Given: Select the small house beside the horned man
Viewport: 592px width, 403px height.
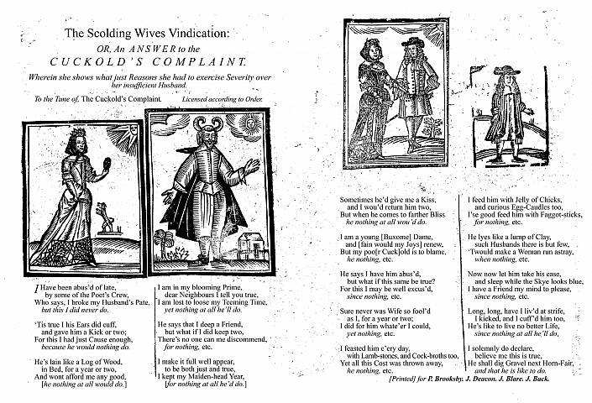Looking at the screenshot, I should pyautogui.click(x=251, y=244).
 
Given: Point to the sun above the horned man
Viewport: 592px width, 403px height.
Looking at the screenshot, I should pyautogui.click(x=249, y=126).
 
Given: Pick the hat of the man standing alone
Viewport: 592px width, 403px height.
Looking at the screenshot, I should pyautogui.click(x=506, y=74).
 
